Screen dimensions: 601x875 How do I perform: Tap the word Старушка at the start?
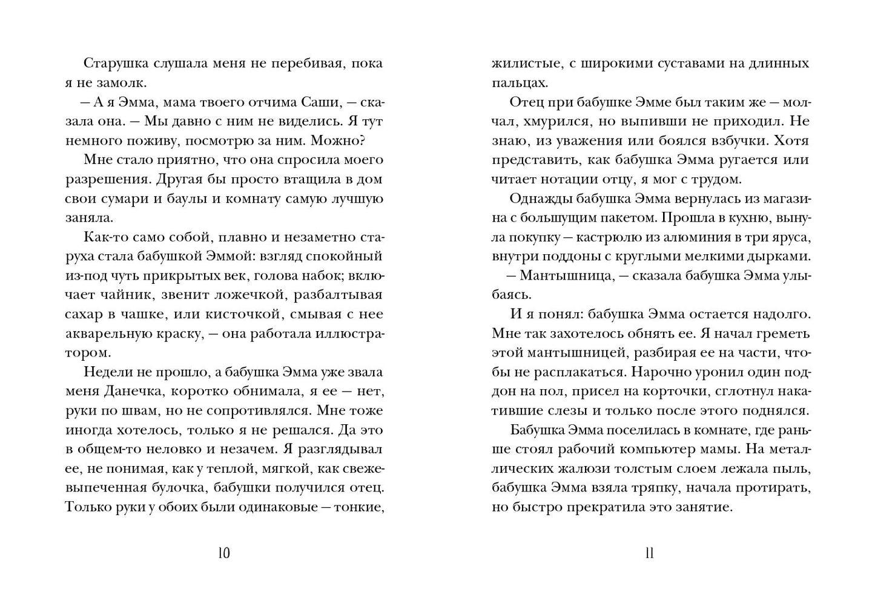[x=114, y=64]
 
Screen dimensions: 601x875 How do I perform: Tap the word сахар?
[x=84, y=314]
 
